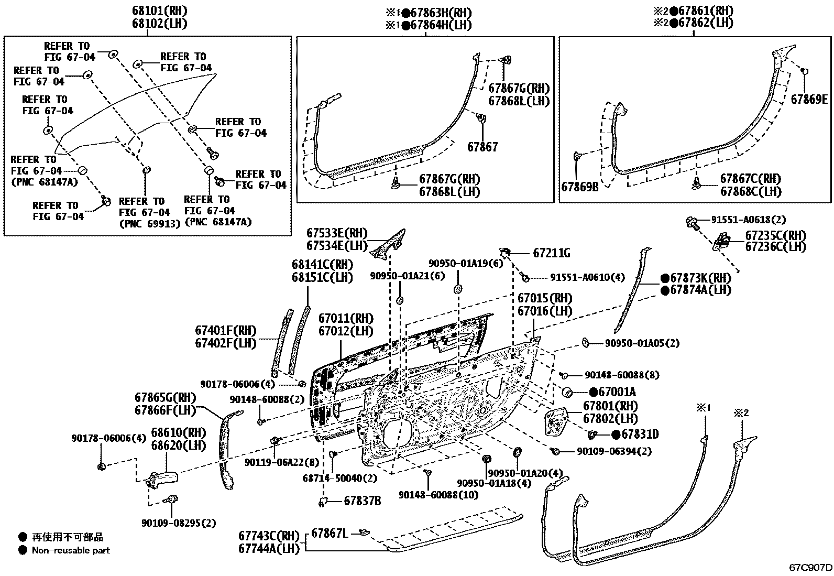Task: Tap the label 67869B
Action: [x=579, y=186]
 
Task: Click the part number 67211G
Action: [x=551, y=253]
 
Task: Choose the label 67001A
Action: [x=617, y=392]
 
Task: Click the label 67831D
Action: [x=639, y=434]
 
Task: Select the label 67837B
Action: [x=362, y=501]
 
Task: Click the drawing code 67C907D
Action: [x=811, y=568]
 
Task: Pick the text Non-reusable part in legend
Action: [x=71, y=550]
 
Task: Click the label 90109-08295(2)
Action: [x=178, y=523]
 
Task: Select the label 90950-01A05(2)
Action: [x=642, y=343]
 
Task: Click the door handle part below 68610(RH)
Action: [x=162, y=479]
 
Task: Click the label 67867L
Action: [x=330, y=534]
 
